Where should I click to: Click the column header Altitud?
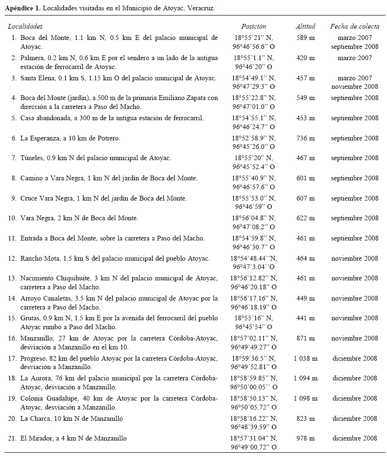[305, 27]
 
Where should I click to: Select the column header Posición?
[254, 27]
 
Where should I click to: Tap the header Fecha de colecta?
[354, 27]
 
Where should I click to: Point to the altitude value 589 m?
[305, 38]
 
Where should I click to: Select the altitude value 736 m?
[305, 138]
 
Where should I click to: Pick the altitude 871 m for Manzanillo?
[305, 338]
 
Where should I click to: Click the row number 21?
[13, 438]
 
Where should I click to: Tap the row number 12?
[13, 258]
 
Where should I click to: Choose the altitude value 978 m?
[305, 438]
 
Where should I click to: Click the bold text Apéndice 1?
[22, 8]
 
